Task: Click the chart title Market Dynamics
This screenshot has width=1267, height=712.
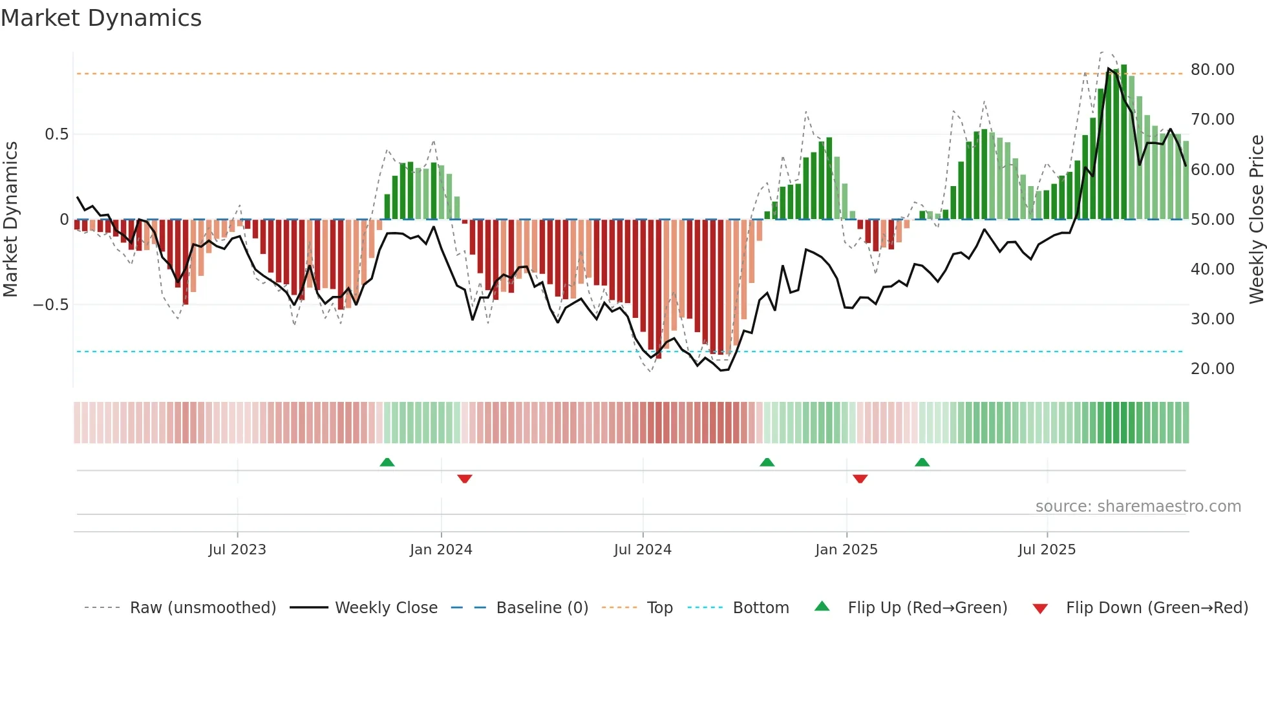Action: (x=101, y=18)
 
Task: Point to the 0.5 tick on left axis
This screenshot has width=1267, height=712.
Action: (x=56, y=134)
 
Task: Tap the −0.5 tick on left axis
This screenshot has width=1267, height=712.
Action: (x=50, y=305)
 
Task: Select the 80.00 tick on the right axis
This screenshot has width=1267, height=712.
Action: (x=1212, y=70)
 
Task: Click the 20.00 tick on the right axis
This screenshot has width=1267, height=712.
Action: (x=1212, y=369)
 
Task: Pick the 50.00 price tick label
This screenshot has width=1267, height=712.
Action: (x=1212, y=220)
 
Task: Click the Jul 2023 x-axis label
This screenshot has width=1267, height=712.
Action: (x=237, y=550)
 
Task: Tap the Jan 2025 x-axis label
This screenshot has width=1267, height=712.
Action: (x=846, y=550)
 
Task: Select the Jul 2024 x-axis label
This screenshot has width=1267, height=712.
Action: (x=643, y=550)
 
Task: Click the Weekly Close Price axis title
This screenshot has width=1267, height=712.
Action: (x=1256, y=220)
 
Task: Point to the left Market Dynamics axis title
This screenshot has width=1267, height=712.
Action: (x=10, y=220)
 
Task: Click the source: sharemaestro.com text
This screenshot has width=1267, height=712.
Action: (x=1138, y=507)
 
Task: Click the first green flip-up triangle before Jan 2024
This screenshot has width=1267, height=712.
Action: (x=387, y=462)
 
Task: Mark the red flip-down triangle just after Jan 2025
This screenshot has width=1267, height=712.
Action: (x=860, y=478)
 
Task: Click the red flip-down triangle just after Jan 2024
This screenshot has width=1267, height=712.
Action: (x=465, y=478)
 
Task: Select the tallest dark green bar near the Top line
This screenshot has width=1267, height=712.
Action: (x=1123, y=142)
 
